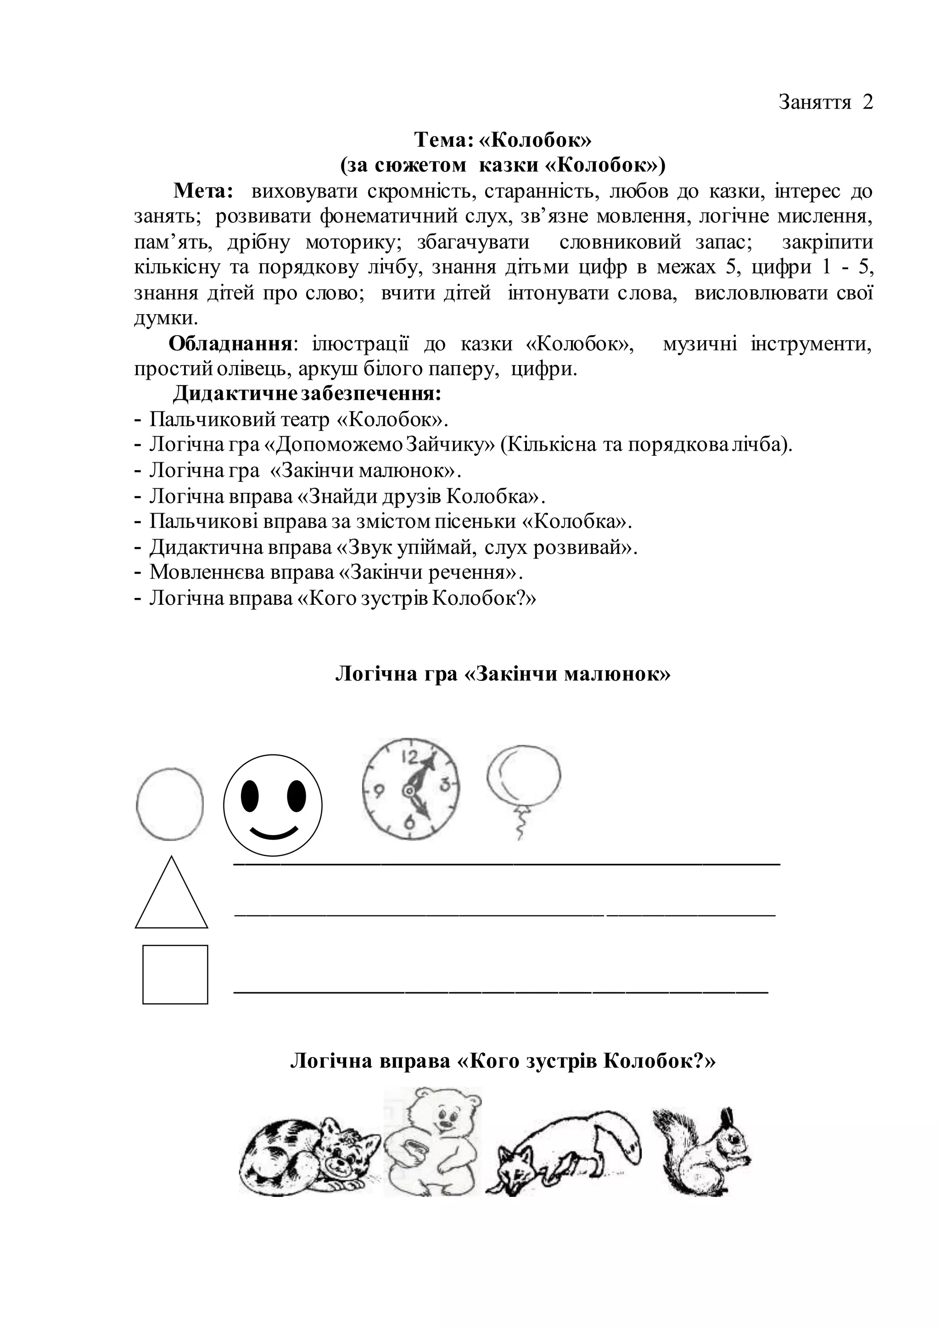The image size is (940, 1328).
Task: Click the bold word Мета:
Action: point(203,191)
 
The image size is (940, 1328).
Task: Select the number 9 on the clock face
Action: point(379,790)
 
